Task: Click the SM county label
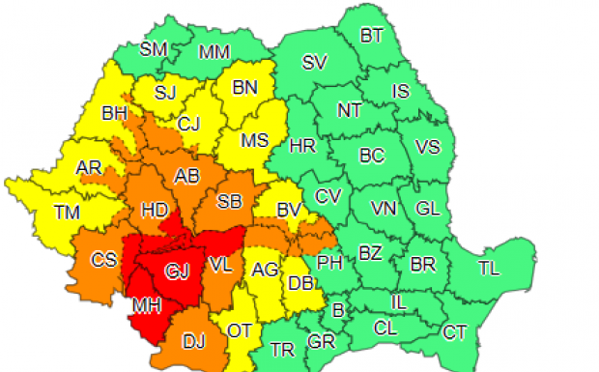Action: [154, 49]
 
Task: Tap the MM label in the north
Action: [214, 52]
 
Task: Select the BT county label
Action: [372, 36]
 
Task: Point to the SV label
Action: [315, 63]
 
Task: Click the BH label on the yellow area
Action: [114, 116]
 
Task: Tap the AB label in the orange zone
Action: [186, 177]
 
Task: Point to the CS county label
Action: [104, 259]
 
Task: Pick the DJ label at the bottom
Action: [194, 339]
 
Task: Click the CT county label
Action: [454, 333]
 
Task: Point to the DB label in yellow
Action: [299, 283]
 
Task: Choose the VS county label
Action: [427, 147]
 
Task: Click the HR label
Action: [302, 146]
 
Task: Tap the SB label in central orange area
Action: [229, 202]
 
